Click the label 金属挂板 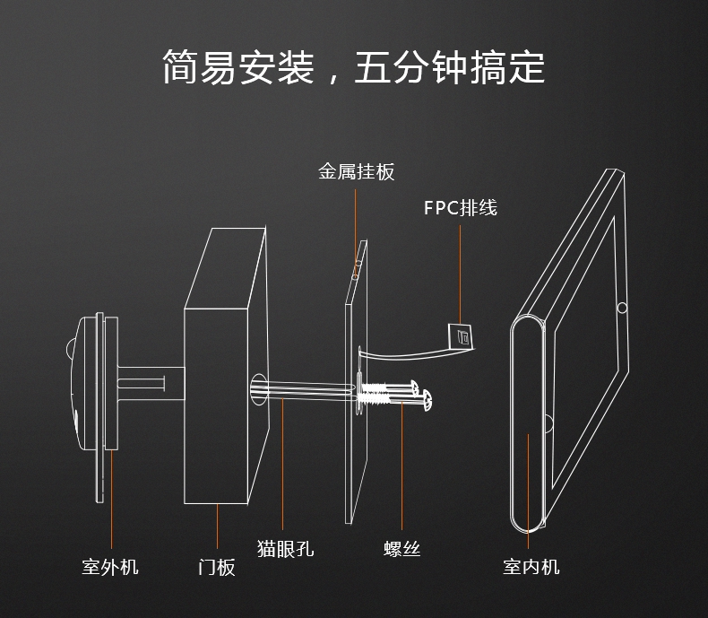click(x=356, y=171)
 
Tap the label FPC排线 click(x=460, y=208)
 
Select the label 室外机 click(x=110, y=566)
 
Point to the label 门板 click(x=217, y=566)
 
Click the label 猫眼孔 click(x=285, y=548)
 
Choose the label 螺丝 click(x=401, y=548)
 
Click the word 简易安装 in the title click(x=237, y=67)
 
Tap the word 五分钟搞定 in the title click(x=449, y=67)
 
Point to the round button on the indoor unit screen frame click(x=622, y=308)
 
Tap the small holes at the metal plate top click(x=356, y=268)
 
